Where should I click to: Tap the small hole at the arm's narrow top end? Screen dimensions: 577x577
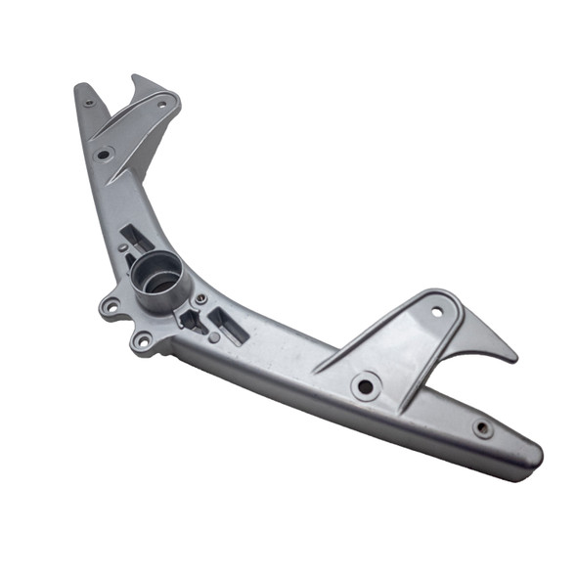tap(89, 102)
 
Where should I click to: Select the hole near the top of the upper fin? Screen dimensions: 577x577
tap(161, 103)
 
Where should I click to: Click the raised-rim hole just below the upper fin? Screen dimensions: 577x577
tap(104, 154)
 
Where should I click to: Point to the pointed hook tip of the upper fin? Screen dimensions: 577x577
tap(137, 77)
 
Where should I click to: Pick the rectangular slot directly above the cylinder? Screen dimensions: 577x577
tap(137, 237)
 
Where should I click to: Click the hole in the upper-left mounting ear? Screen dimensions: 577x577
tap(110, 307)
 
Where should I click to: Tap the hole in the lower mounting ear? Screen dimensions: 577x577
tap(144, 341)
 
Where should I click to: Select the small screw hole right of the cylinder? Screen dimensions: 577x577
tap(200, 299)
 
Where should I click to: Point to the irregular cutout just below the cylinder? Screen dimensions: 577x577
tap(189, 319)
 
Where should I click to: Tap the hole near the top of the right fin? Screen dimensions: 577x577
tap(436, 312)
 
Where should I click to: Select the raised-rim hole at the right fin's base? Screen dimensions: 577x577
tap(366, 386)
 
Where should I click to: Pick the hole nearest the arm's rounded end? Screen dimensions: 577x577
tap(482, 427)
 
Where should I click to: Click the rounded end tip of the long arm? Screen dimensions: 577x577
tap(537, 458)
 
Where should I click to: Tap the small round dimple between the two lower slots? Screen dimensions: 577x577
tap(214, 337)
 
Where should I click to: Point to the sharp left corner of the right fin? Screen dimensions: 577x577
tap(316, 371)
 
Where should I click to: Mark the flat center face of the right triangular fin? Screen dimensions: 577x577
tap(411, 345)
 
